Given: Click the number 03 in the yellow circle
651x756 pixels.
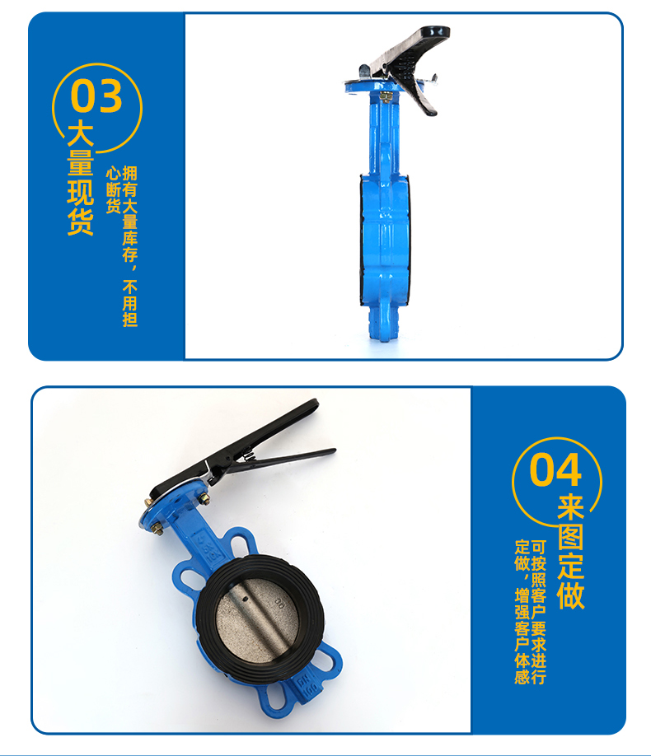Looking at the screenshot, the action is tap(96, 96).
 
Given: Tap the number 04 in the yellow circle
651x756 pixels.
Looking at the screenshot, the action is tap(555, 469).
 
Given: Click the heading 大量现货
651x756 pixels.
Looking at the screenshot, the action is tap(80, 179).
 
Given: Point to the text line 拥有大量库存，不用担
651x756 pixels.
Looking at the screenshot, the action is tap(130, 246).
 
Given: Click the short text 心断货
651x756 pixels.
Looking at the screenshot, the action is tap(114, 190).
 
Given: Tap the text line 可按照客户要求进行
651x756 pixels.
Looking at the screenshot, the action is tap(539, 613).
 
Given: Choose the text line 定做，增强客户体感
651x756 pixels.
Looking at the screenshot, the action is tap(522, 613).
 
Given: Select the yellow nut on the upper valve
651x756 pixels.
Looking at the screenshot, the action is tap(386, 96).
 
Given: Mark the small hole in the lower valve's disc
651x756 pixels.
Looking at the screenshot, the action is tap(245, 600).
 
